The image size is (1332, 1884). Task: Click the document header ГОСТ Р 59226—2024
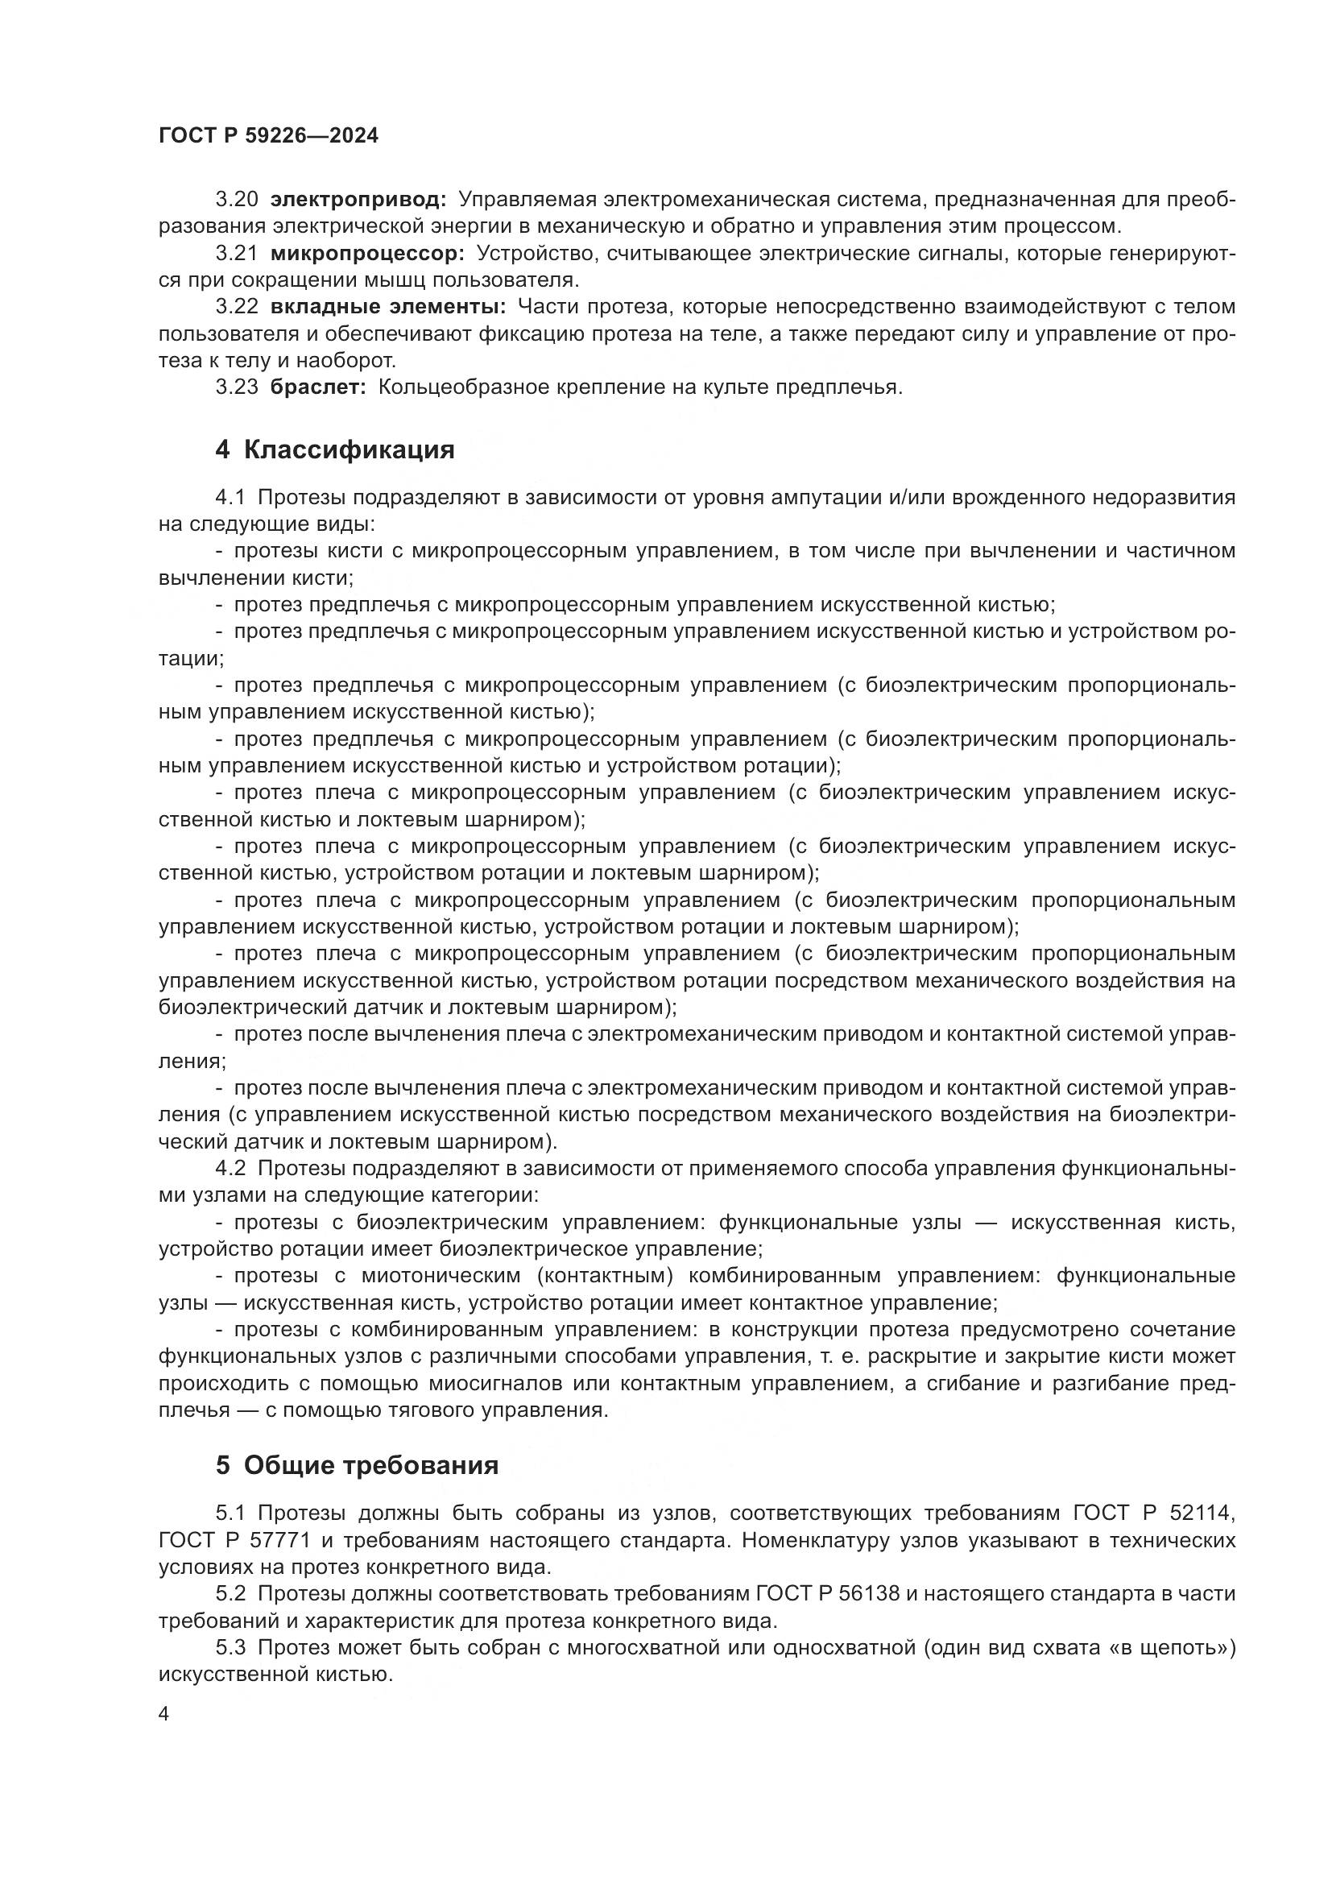click(x=268, y=136)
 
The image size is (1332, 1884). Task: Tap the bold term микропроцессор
click(x=367, y=254)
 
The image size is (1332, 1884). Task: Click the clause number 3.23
click(x=237, y=387)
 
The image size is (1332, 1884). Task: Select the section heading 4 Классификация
click(x=335, y=449)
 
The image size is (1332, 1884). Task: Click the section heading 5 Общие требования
click(x=357, y=1464)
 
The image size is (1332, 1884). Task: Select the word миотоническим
click(x=440, y=1276)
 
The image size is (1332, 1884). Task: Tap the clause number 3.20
click(x=237, y=200)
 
